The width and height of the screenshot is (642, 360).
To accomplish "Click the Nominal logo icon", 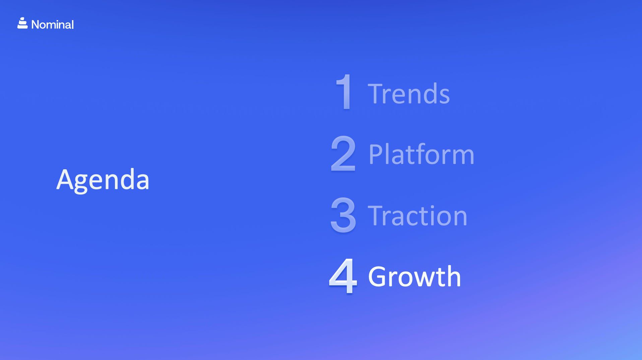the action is [22, 23].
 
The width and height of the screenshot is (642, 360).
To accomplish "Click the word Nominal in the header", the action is [52, 24].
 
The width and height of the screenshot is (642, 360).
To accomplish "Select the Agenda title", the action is [103, 180].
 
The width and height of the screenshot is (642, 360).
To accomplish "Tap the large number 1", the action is [344, 92].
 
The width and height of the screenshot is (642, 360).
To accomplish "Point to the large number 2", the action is [343, 154].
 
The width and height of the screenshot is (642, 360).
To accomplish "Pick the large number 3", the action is [343, 215].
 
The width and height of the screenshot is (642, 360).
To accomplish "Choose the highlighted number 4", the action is [343, 276].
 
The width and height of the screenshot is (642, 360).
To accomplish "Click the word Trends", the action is [409, 94].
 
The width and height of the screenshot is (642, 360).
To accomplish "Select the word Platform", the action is [422, 154].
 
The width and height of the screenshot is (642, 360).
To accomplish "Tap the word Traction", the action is [418, 216].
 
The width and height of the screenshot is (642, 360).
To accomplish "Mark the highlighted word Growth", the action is [414, 277].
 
